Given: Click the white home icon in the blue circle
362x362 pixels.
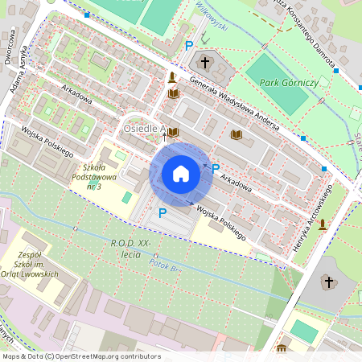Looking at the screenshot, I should (x=181, y=174).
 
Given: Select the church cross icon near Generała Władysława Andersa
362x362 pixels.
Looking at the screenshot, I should (x=205, y=62).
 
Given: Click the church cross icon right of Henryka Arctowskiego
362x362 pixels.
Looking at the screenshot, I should (x=327, y=282).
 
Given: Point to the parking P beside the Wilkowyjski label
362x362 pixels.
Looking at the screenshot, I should (x=189, y=47).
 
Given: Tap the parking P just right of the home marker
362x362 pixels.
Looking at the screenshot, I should (x=216, y=168).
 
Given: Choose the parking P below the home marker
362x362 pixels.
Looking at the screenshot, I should (x=162, y=213).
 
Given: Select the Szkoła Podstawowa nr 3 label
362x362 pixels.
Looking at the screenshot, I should (x=95, y=171).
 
